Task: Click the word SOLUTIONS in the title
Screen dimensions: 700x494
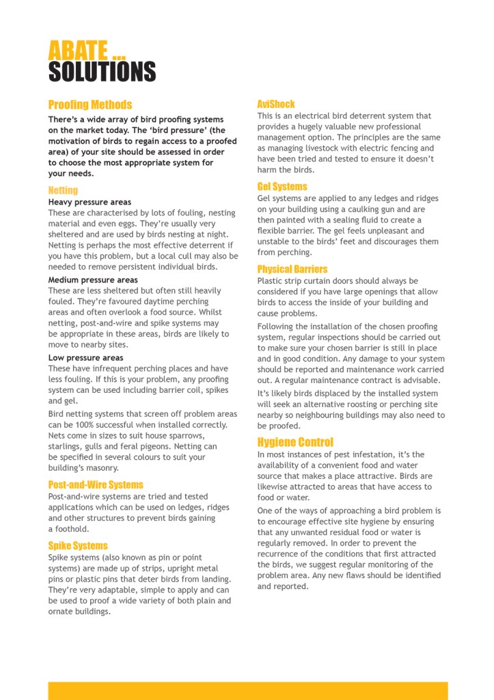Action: pos(102,71)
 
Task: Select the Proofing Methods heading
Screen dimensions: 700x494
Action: pos(90,105)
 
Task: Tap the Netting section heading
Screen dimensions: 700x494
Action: pos(63,190)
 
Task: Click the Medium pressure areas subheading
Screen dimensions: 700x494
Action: pos(93,280)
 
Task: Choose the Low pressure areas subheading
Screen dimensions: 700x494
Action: pos(85,358)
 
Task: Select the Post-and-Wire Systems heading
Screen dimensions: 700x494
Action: pos(96,484)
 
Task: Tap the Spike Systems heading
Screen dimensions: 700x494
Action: pos(78,545)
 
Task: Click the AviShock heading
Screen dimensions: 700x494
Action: pos(276,104)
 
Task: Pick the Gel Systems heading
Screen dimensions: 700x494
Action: pos(282,186)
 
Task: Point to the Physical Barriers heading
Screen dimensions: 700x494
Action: pos(292,269)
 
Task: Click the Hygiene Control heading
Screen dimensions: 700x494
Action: pos(295,442)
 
